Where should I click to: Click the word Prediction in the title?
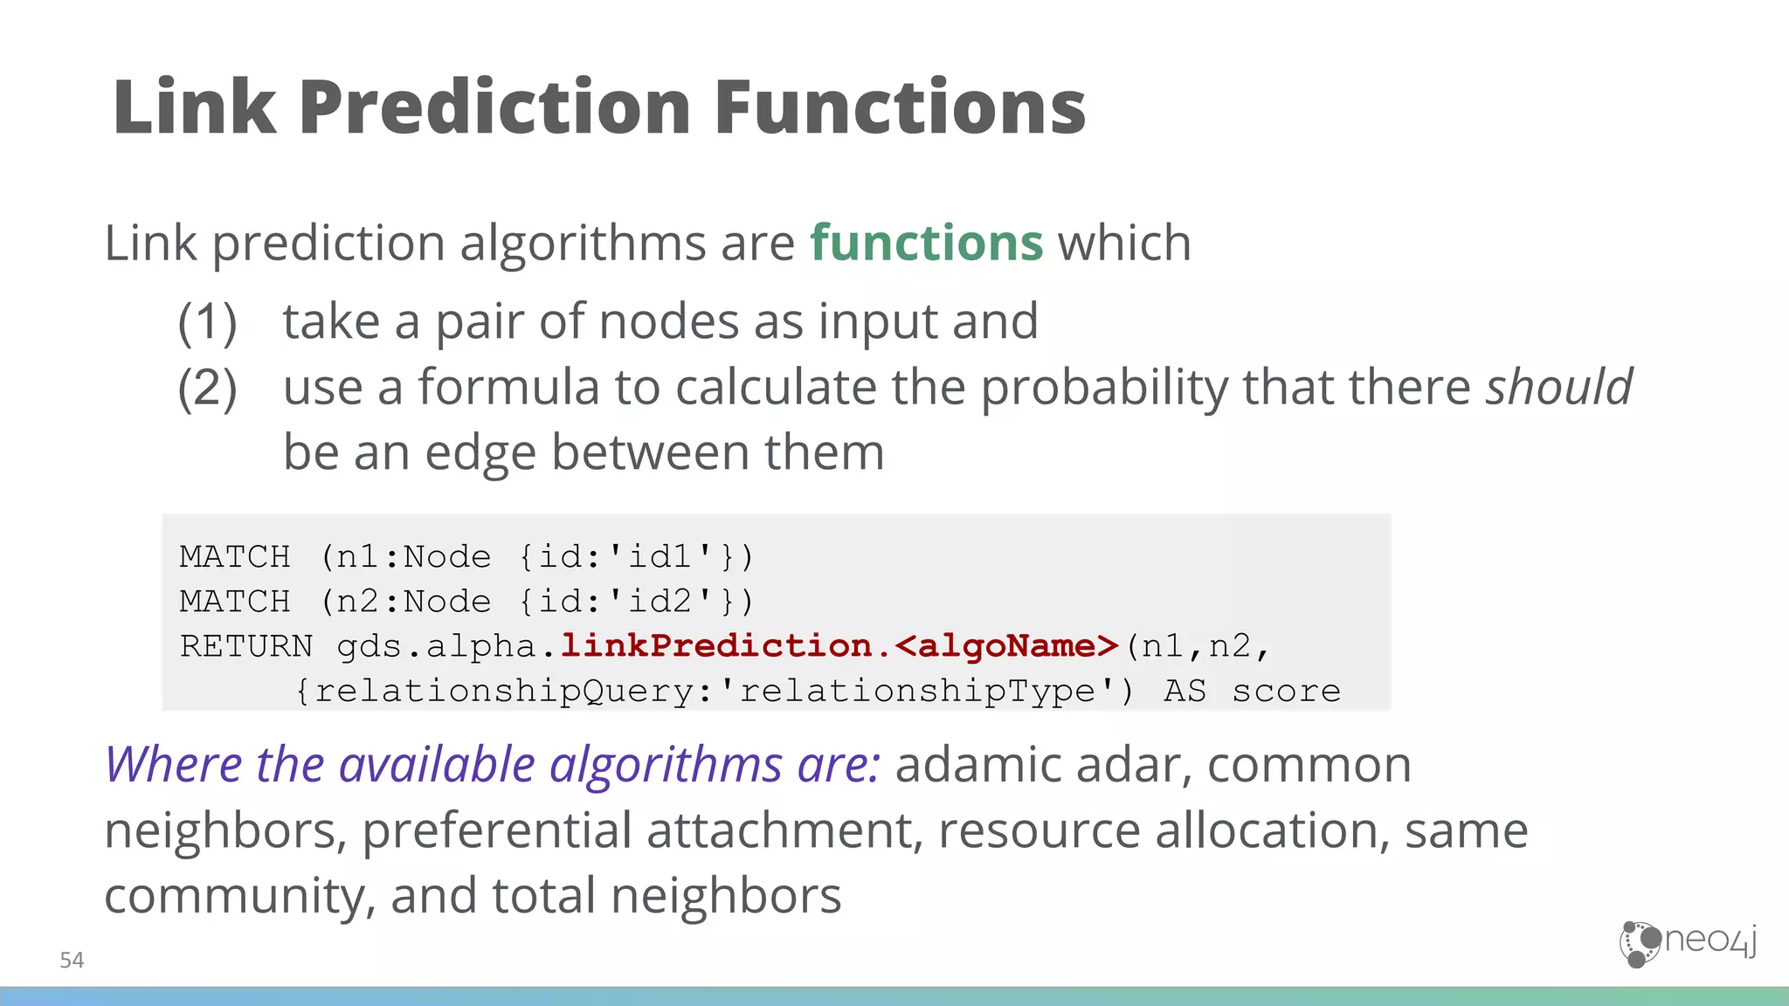click(x=498, y=107)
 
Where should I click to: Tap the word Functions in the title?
click(x=900, y=107)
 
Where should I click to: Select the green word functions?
click(x=926, y=243)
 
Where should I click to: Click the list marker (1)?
click(x=207, y=322)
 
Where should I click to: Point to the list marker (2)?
click(x=207, y=388)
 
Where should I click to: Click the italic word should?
click(x=1559, y=387)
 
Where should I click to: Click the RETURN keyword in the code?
click(x=245, y=646)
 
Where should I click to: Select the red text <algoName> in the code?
click(x=1006, y=646)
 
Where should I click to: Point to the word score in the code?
click(x=1286, y=691)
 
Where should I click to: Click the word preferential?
click(x=496, y=830)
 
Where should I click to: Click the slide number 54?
click(x=72, y=961)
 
